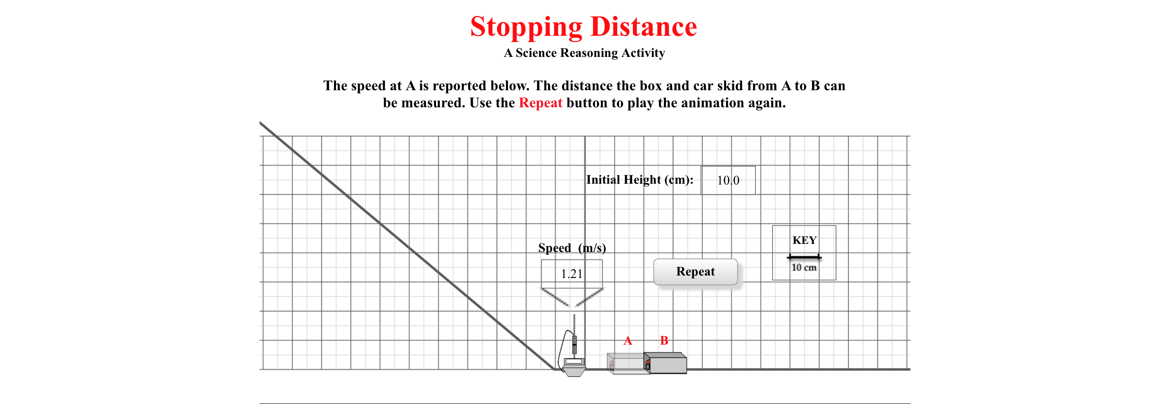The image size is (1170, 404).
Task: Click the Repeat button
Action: click(695, 272)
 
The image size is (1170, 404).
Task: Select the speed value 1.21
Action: click(572, 274)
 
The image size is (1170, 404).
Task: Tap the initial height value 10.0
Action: click(728, 180)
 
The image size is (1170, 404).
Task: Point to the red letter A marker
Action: click(628, 341)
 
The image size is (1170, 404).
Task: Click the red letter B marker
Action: click(664, 341)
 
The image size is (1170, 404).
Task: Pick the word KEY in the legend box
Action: click(804, 240)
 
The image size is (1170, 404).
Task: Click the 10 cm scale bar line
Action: click(804, 257)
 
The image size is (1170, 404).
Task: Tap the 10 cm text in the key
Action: click(804, 267)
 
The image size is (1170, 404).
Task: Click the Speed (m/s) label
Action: click(572, 248)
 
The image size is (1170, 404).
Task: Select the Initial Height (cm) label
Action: click(640, 180)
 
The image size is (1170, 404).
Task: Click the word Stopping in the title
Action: click(526, 27)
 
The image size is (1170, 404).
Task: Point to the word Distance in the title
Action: click(644, 27)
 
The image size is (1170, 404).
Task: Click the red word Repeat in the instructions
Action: click(541, 103)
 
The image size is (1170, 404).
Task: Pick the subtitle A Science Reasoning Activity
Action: click(584, 53)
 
